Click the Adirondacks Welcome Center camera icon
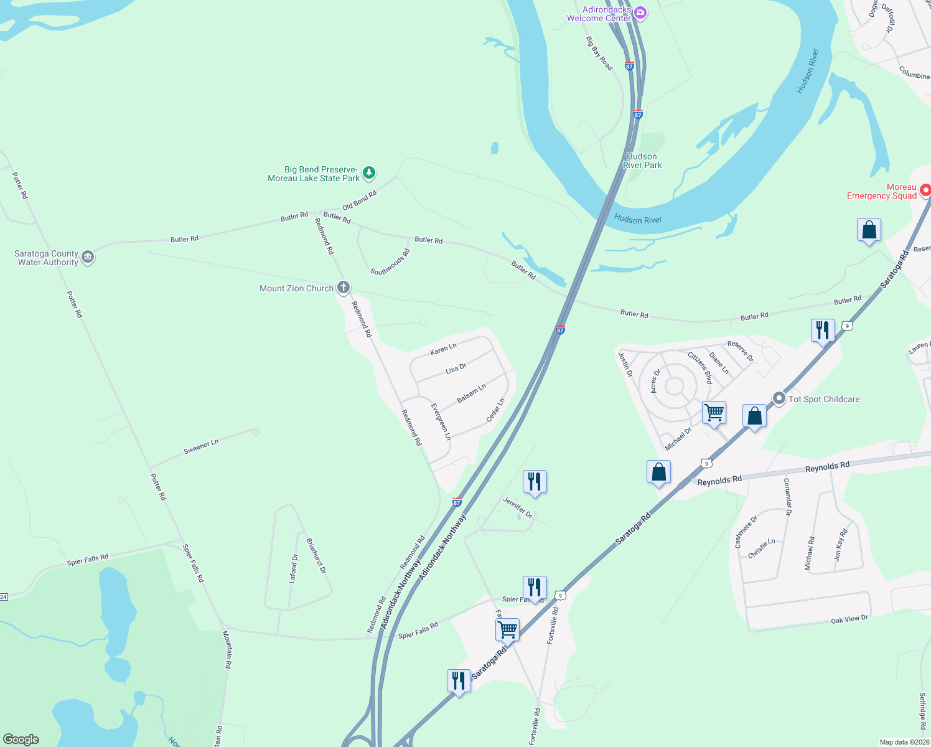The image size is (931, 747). click(x=640, y=12)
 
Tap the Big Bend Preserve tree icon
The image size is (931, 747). click(x=369, y=172)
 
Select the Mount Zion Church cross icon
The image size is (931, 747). click(x=343, y=288)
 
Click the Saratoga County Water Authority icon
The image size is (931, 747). click(x=88, y=257)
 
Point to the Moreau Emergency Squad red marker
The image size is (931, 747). click(x=925, y=190)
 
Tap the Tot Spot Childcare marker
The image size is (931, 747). click(x=779, y=398)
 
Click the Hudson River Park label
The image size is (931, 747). click(x=642, y=161)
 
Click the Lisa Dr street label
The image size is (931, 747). click(x=456, y=369)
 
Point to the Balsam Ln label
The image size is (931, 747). click(x=471, y=393)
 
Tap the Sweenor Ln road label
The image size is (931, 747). click(x=201, y=446)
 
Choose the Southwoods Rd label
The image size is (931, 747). click(x=390, y=262)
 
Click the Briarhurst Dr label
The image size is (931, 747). click(x=316, y=555)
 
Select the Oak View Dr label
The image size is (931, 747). click(x=849, y=619)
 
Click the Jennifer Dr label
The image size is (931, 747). click(x=518, y=507)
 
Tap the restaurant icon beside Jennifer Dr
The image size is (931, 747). click(x=535, y=482)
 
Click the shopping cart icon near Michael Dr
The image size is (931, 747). click(x=714, y=412)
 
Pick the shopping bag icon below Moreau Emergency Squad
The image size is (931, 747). click(x=869, y=230)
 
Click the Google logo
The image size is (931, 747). click(x=21, y=740)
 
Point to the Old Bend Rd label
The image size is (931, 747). click(x=360, y=200)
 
